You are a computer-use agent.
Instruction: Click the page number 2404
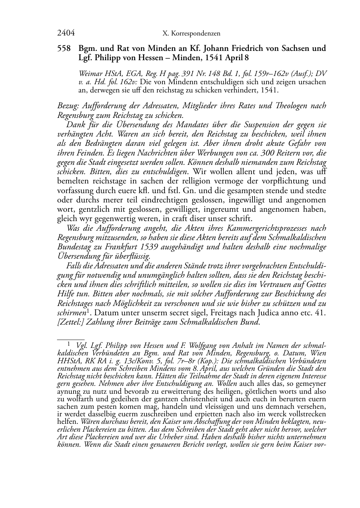click(66, 33)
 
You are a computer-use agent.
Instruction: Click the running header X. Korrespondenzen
click(191, 34)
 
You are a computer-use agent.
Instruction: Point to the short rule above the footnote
click(71, 337)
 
